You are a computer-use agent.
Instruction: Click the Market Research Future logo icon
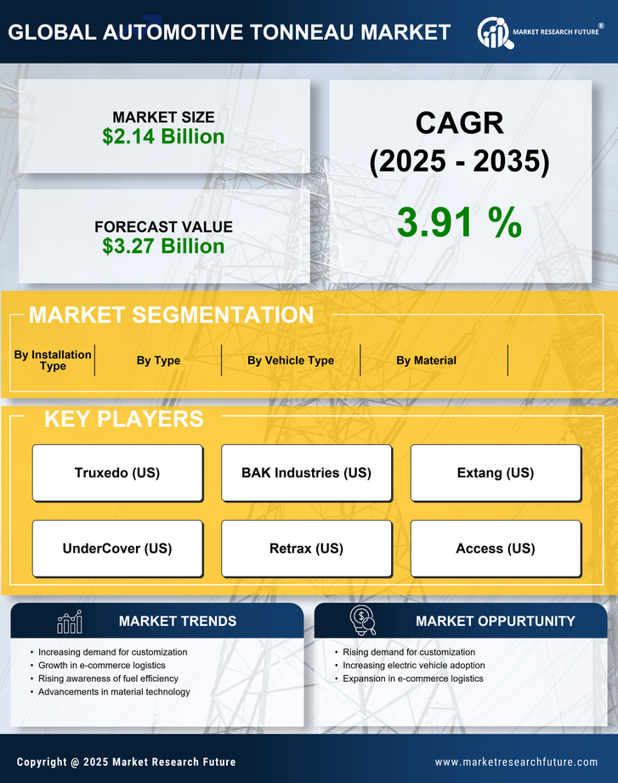(493, 32)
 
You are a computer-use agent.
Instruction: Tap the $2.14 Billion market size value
(163, 137)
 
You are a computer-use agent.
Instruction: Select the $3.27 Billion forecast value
(163, 246)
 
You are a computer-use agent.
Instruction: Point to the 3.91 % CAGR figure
(459, 223)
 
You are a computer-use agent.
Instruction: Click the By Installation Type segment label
(53, 360)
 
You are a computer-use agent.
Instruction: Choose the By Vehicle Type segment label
(291, 360)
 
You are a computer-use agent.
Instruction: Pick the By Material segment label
(426, 360)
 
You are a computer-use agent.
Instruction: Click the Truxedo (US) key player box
(117, 473)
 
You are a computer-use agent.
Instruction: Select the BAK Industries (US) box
(306, 473)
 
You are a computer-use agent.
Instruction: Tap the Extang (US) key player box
(496, 473)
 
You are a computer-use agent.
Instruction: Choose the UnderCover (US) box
(117, 549)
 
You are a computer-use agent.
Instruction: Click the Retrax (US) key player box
(306, 549)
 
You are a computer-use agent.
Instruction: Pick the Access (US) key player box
(496, 549)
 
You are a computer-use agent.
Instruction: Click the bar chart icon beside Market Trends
(70, 622)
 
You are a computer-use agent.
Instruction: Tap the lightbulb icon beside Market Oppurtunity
(363, 621)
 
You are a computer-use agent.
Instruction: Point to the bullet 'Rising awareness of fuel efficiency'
(108, 679)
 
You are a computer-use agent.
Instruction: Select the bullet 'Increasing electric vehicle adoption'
(414, 665)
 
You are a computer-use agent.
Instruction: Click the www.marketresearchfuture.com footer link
(516, 762)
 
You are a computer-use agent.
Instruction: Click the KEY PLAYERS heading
(123, 419)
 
